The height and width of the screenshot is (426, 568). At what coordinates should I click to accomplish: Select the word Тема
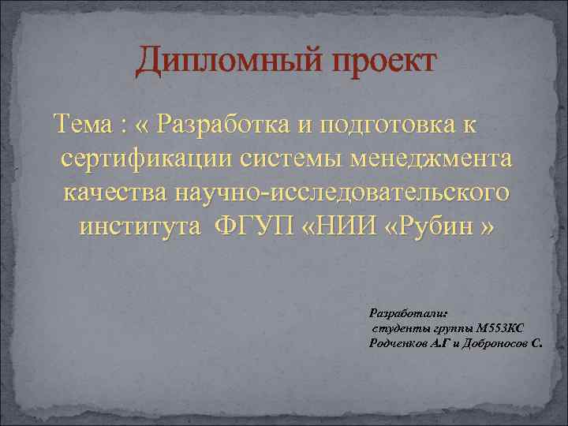82,125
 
